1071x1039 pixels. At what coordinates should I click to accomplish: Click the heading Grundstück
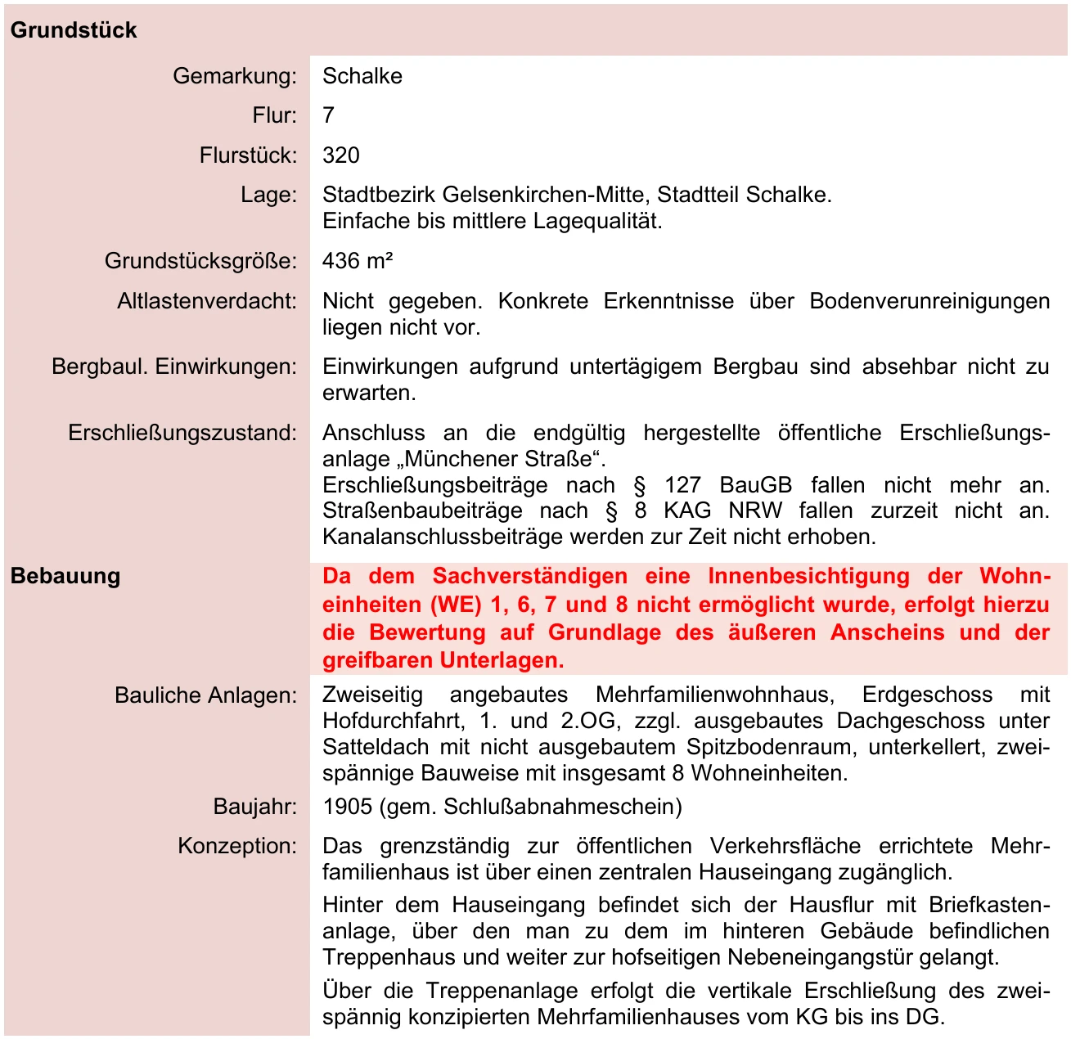(x=74, y=30)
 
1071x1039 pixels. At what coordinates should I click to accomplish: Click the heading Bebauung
(x=65, y=576)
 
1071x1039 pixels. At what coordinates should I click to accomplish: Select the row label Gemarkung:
(x=235, y=76)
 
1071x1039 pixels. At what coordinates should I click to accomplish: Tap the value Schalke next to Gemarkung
(x=362, y=76)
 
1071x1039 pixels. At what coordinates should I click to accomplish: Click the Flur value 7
(x=328, y=115)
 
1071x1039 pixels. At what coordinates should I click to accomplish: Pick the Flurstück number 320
(x=341, y=155)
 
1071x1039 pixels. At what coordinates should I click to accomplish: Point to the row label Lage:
(x=268, y=195)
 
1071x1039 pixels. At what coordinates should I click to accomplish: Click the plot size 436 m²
(x=358, y=261)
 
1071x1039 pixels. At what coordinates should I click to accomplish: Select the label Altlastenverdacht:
(x=207, y=301)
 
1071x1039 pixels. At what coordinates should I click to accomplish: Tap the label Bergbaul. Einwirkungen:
(x=174, y=367)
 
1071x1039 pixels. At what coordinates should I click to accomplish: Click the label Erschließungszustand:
(x=182, y=433)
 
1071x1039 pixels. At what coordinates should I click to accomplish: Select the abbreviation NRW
(x=755, y=511)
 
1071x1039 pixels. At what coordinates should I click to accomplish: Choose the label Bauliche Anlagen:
(x=205, y=695)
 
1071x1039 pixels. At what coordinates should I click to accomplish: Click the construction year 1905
(x=348, y=807)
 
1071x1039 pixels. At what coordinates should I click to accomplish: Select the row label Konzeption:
(x=237, y=846)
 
